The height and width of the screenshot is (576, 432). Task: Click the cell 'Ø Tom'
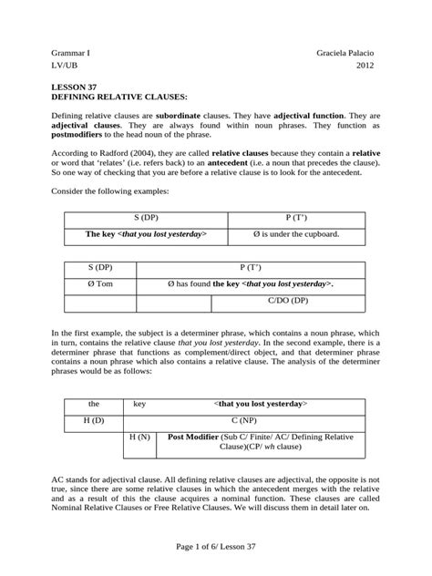[x=100, y=284]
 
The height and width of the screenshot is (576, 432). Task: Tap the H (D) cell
[x=93, y=419]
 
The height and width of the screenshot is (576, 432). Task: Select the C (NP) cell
[x=260, y=419]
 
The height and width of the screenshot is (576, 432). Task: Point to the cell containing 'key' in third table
[x=139, y=403]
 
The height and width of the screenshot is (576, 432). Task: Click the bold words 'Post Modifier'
[x=200, y=437]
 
